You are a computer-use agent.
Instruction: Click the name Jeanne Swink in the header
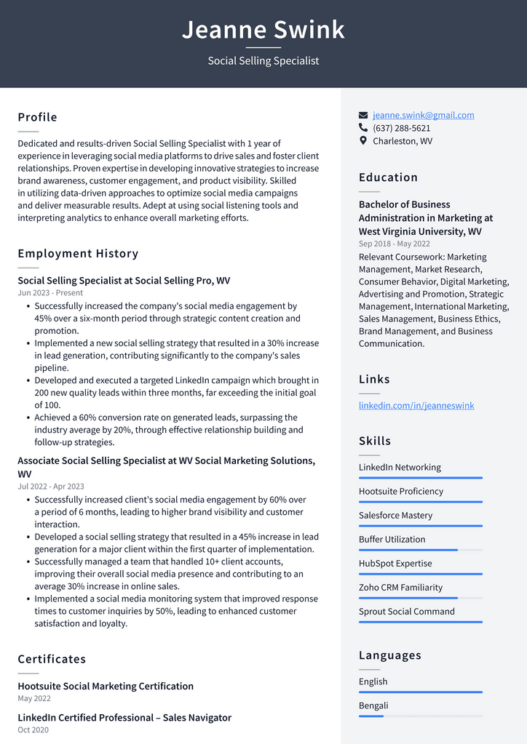tap(263, 30)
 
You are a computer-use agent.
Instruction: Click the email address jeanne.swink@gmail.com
tap(423, 115)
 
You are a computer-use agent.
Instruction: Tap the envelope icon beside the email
tap(363, 115)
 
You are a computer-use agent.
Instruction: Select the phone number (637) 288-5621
tap(401, 128)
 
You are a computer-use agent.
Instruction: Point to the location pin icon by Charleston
tap(363, 140)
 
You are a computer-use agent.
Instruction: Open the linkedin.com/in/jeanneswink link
tap(416, 405)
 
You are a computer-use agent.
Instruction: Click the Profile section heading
tap(37, 117)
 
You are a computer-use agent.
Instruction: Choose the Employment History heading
tap(78, 254)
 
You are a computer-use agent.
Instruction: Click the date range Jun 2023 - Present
tap(50, 293)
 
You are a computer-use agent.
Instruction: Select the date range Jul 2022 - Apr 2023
tap(51, 487)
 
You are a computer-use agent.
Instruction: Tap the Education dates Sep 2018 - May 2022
tap(394, 244)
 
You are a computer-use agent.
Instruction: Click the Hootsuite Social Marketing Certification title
tap(106, 686)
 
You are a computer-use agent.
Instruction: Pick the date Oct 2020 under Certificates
tap(33, 729)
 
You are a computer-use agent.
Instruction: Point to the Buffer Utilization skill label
tap(392, 539)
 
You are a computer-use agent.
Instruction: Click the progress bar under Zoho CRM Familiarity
tap(420, 598)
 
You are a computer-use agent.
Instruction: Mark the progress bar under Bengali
tap(420, 716)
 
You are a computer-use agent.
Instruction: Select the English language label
tap(373, 681)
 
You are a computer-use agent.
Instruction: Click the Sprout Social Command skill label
tap(406, 611)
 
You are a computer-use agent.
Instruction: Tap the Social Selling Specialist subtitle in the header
tap(263, 61)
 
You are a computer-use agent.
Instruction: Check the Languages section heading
tap(389, 655)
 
